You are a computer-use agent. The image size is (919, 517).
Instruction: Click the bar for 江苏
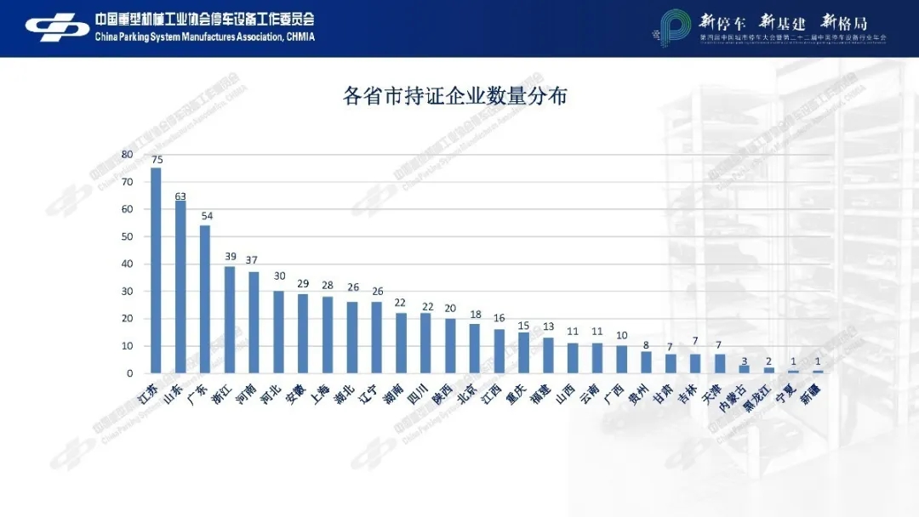[x=156, y=270]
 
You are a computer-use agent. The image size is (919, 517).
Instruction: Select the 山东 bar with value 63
[x=180, y=287]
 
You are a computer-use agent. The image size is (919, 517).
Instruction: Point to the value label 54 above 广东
[x=207, y=216]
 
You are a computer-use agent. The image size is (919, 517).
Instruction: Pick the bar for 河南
[x=254, y=322]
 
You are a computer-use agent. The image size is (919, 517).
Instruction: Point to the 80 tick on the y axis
[x=127, y=154]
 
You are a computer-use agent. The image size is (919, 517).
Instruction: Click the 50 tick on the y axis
[x=127, y=236]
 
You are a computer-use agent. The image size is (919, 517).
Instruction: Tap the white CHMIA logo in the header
[x=58, y=28]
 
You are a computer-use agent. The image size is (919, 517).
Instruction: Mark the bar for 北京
[x=475, y=349]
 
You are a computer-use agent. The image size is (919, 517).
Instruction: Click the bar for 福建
[x=549, y=355]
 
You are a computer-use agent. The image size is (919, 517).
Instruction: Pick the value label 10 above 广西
[x=622, y=336]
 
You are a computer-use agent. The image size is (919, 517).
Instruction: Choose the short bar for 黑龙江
[x=769, y=371]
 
